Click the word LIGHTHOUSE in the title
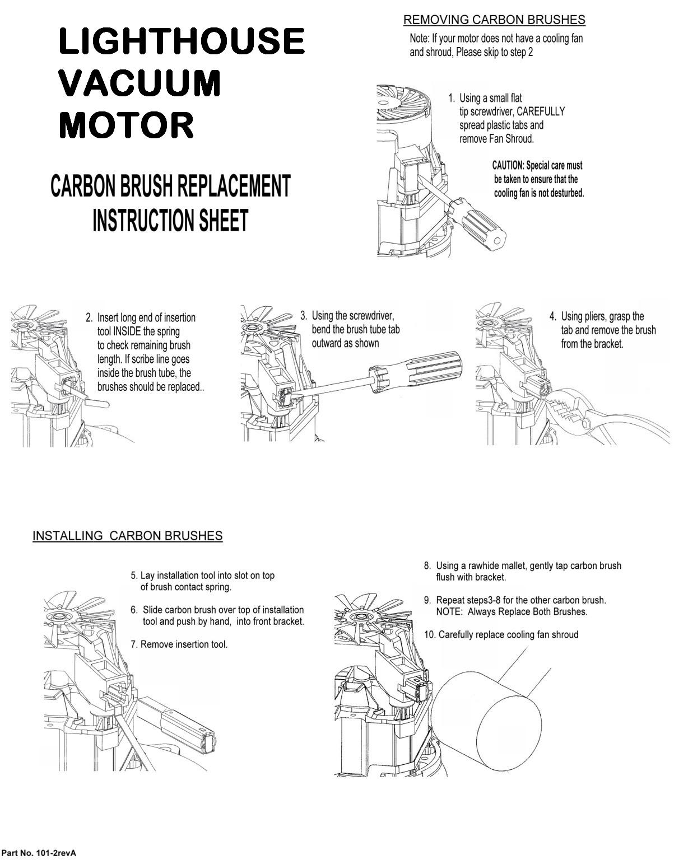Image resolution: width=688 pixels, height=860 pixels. click(x=182, y=41)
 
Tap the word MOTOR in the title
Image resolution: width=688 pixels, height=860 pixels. click(x=126, y=125)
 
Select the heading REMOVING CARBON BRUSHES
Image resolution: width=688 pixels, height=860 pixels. click(x=494, y=20)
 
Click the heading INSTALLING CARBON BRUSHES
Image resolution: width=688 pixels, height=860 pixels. click(x=127, y=536)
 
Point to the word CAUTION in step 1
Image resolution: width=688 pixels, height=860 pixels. click(x=508, y=166)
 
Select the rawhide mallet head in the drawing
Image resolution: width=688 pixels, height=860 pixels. click(x=487, y=722)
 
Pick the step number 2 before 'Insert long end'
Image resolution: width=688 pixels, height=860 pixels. click(x=89, y=318)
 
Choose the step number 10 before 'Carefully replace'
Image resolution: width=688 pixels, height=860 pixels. click(x=429, y=635)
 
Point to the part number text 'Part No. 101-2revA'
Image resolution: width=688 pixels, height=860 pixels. click(x=38, y=853)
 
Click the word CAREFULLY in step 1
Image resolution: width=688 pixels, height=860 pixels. click(x=541, y=111)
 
